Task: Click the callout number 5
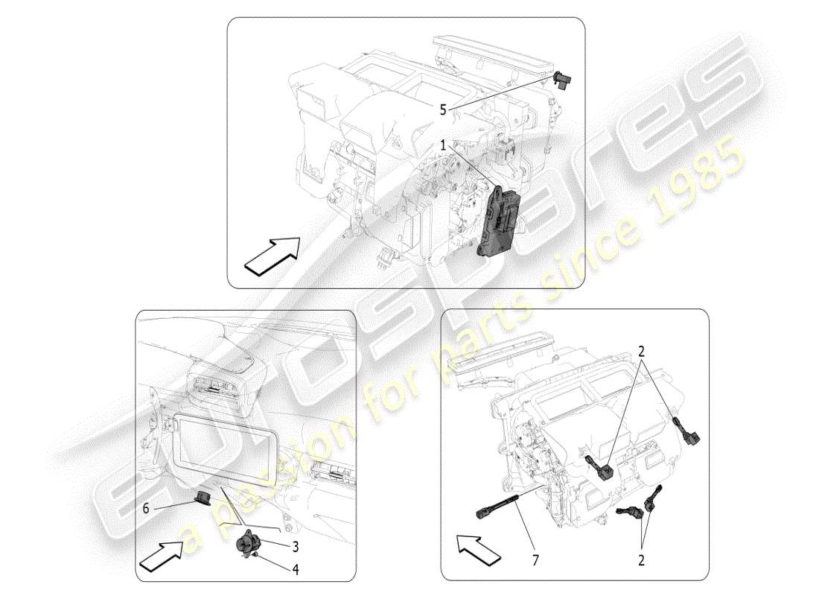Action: (x=443, y=110)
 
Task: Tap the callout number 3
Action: (x=296, y=546)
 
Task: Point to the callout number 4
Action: (x=296, y=571)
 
